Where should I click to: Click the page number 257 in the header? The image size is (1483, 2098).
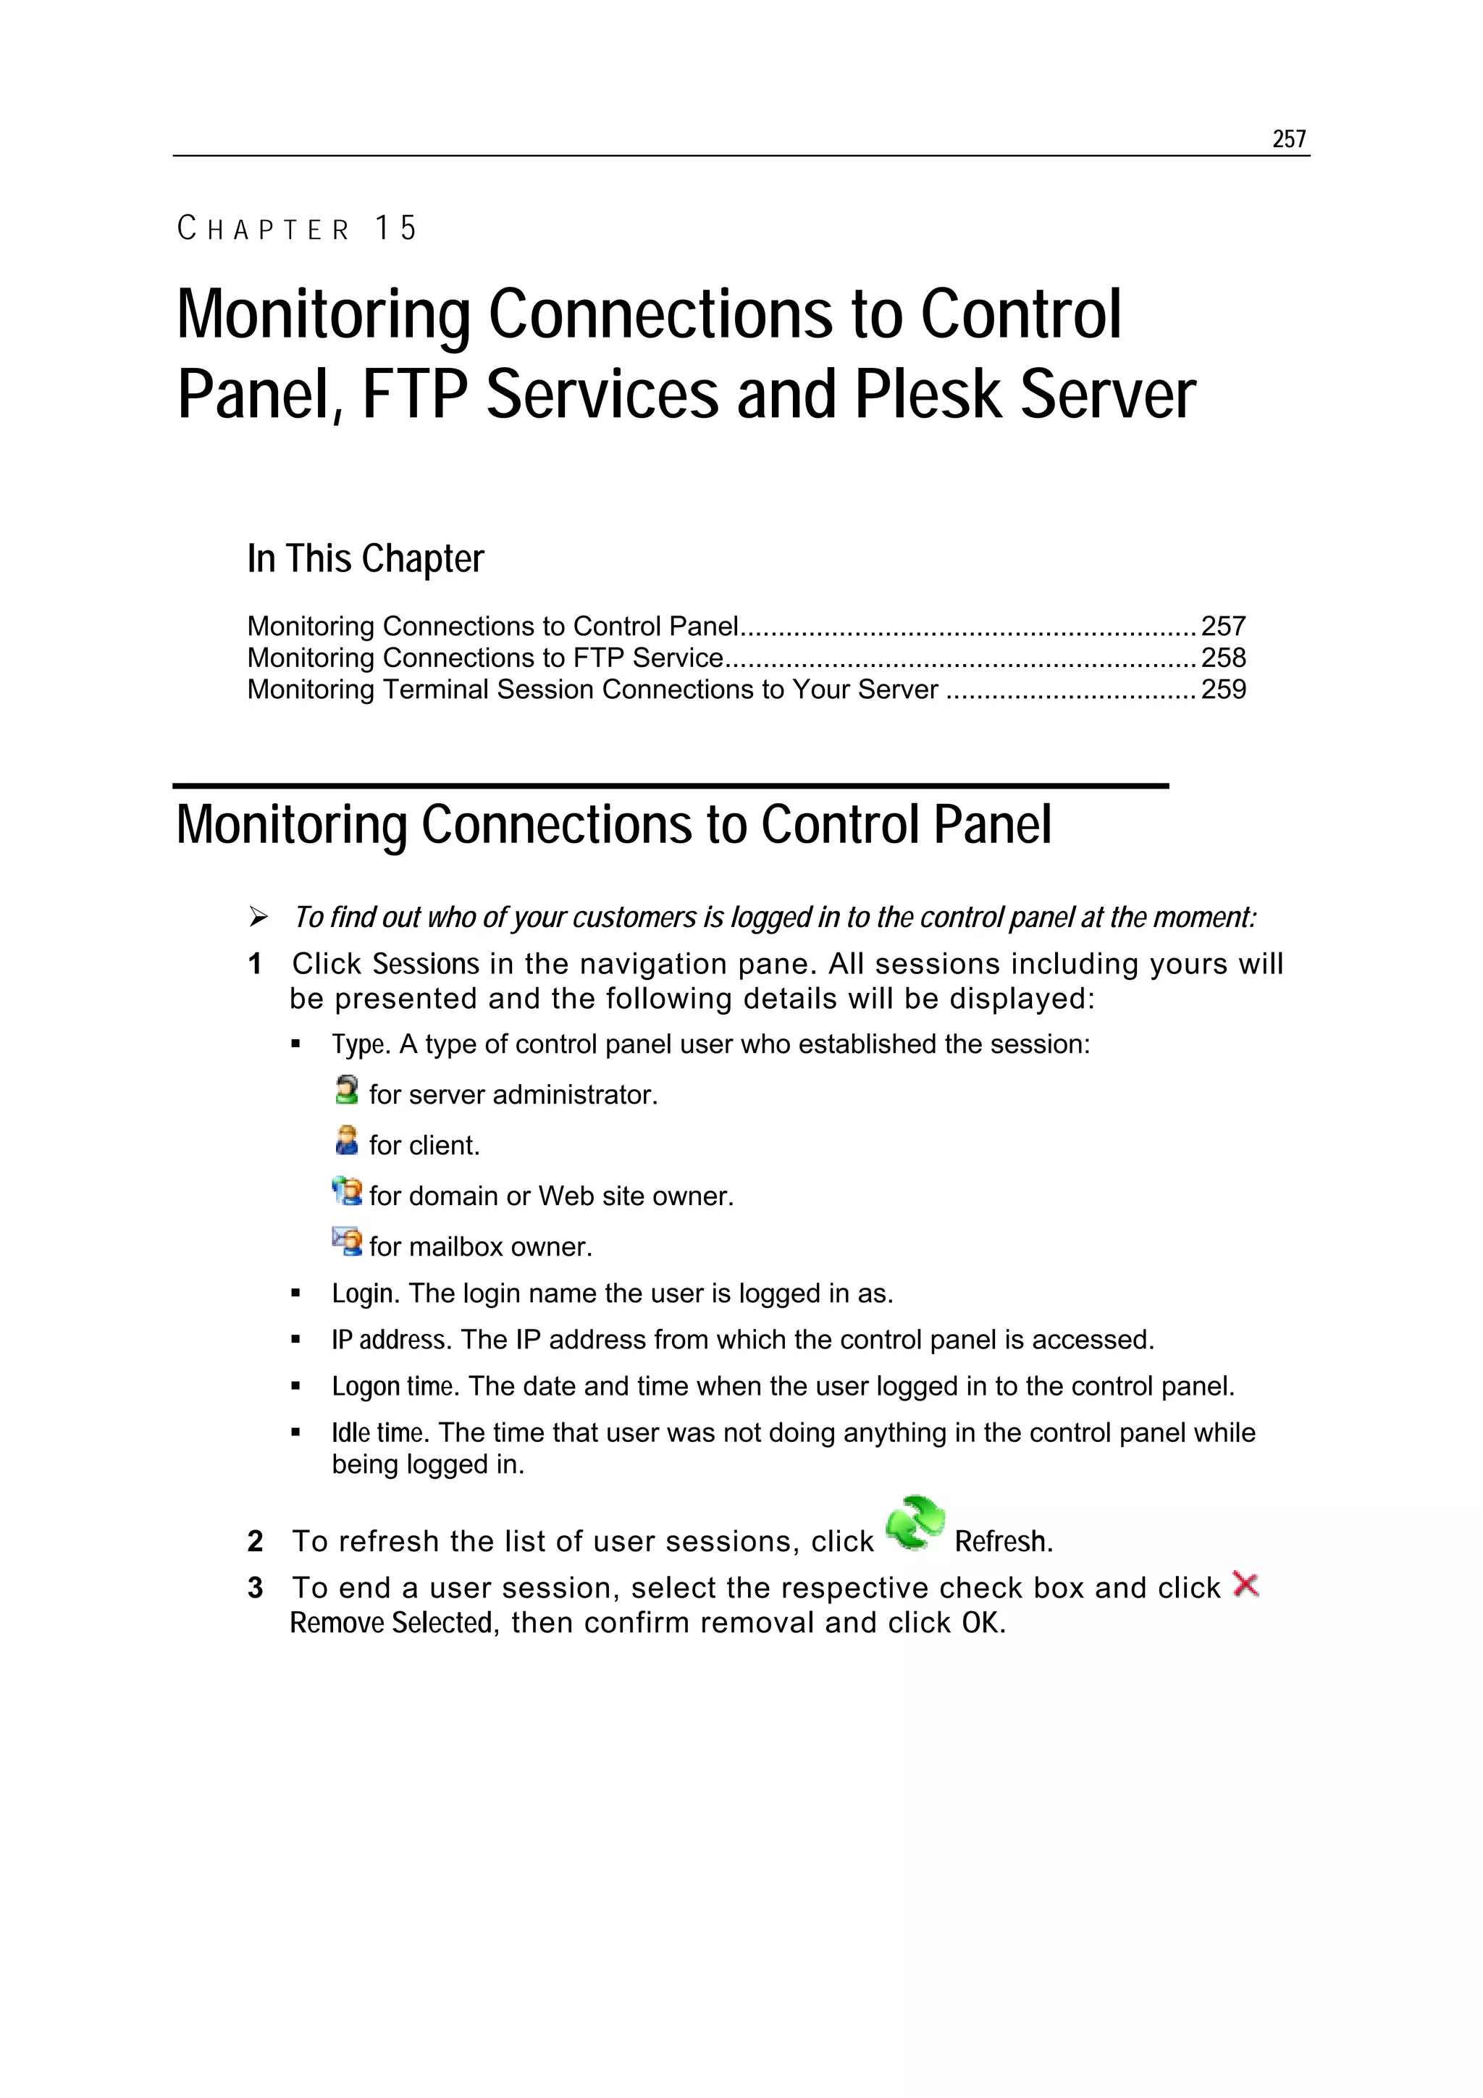(1288, 139)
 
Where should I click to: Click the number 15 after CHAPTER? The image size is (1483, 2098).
(395, 227)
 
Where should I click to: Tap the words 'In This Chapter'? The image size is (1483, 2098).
(366, 558)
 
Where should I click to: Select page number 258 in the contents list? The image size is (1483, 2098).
(1222, 658)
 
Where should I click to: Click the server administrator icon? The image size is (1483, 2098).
(346, 1090)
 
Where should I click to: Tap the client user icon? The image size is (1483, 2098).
(346, 1141)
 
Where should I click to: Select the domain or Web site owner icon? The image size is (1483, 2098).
(346, 1191)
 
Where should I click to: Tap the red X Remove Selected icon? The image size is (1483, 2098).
(1245, 1585)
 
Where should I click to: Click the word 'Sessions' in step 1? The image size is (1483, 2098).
(425, 964)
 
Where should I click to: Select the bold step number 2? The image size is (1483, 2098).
(255, 1542)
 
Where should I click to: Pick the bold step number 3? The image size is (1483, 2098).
(255, 1588)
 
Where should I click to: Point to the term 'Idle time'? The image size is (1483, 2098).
(377, 1432)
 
